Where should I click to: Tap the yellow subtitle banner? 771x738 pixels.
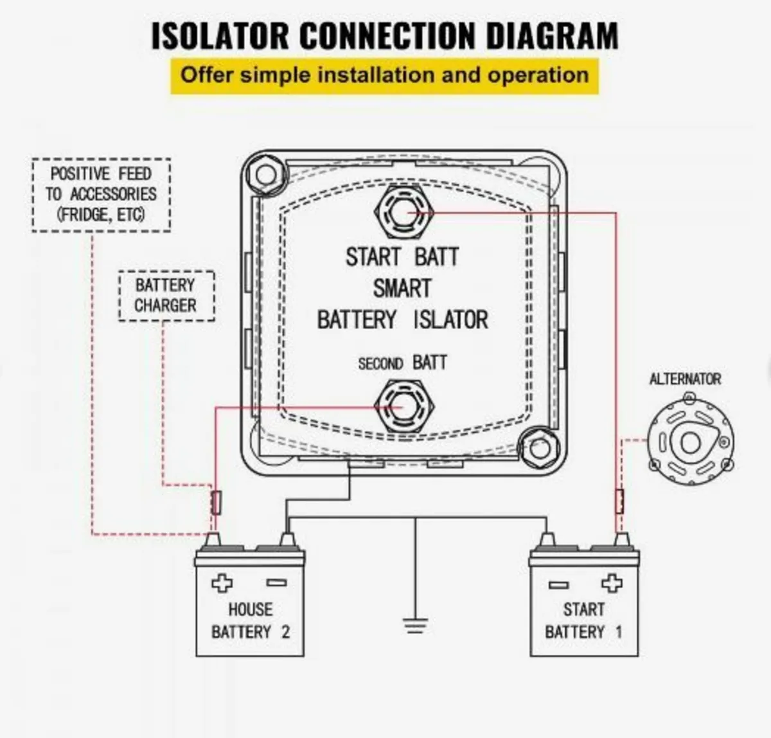pyautogui.click(x=384, y=75)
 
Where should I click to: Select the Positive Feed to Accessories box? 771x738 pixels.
pyautogui.click(x=101, y=194)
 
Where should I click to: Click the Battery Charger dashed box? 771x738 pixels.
pyautogui.click(x=166, y=295)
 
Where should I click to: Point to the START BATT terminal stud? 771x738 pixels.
pyautogui.click(x=403, y=212)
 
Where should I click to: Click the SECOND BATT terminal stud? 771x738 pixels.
pyautogui.click(x=403, y=408)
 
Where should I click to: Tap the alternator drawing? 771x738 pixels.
pyautogui.click(x=690, y=442)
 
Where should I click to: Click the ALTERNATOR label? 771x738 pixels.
pyautogui.click(x=685, y=379)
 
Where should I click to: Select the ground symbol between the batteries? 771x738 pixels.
pyautogui.click(x=416, y=624)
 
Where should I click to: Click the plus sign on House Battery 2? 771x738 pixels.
pyautogui.click(x=222, y=583)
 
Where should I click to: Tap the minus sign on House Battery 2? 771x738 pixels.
pyautogui.click(x=276, y=582)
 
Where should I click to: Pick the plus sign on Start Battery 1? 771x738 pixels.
pyautogui.click(x=611, y=583)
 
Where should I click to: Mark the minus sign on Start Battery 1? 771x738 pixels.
pyautogui.click(x=558, y=584)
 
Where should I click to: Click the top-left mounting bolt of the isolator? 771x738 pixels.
pyautogui.click(x=265, y=174)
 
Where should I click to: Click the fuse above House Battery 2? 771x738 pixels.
pyautogui.click(x=216, y=502)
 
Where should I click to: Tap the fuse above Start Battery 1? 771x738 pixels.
pyautogui.click(x=619, y=501)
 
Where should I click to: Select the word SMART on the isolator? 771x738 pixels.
pyautogui.click(x=402, y=289)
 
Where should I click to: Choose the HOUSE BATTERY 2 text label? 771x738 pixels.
pyautogui.click(x=250, y=620)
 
